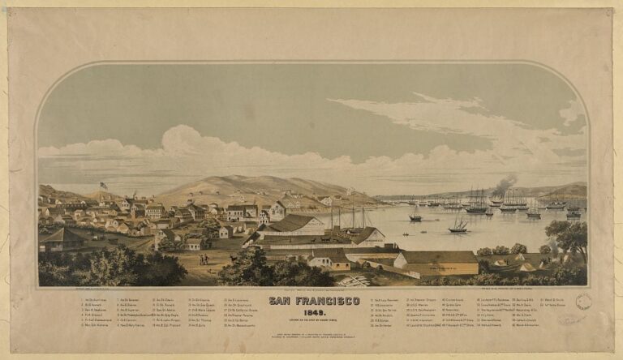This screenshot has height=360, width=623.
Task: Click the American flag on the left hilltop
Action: [103, 186]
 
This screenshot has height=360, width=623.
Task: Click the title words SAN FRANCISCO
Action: [314, 300]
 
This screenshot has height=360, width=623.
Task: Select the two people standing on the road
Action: [203, 259]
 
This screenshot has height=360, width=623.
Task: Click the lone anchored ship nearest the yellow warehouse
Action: [458, 225]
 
